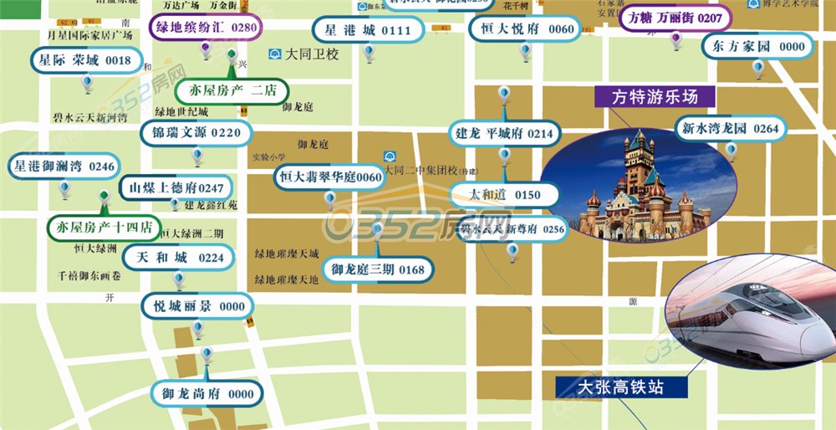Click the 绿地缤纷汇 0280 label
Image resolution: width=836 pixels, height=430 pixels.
(x=206, y=27)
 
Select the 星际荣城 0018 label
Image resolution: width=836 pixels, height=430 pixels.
(x=85, y=60)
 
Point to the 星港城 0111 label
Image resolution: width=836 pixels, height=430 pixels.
(x=365, y=30)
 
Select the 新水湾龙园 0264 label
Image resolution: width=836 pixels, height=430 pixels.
(x=730, y=129)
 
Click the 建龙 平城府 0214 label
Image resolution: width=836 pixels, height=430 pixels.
(x=504, y=134)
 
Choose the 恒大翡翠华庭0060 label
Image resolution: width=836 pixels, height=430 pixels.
(x=329, y=177)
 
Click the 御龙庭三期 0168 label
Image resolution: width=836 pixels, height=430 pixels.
(x=377, y=269)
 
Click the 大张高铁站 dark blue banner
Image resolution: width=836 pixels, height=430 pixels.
(x=621, y=387)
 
